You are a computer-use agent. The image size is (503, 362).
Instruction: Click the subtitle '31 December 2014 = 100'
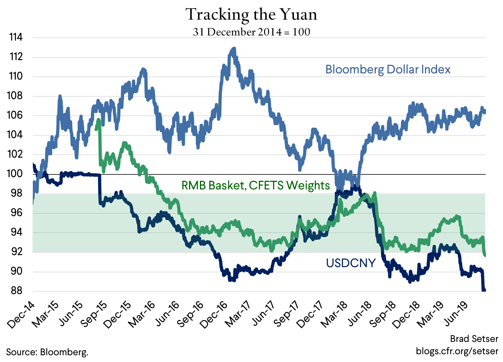pyautogui.click(x=251, y=32)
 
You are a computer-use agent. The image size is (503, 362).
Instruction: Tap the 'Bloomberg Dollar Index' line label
pyautogui.click(x=388, y=69)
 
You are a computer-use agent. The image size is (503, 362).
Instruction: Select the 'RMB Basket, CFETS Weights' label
pyautogui.click(x=256, y=185)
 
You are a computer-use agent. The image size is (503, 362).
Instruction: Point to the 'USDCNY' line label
pyautogui.click(x=351, y=263)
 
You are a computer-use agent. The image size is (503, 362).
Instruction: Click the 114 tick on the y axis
pyautogui.click(x=16, y=37)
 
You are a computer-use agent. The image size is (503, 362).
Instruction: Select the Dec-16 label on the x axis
pyautogui.click(x=214, y=315)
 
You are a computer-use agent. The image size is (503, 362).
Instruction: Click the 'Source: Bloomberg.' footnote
pyautogui.click(x=47, y=352)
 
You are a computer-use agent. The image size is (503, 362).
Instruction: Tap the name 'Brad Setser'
pyautogui.click(x=474, y=339)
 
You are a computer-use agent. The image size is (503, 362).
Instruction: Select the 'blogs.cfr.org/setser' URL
pyautogui.click(x=457, y=351)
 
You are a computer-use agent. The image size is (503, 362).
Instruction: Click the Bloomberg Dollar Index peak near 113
pyautogui.click(x=234, y=49)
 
